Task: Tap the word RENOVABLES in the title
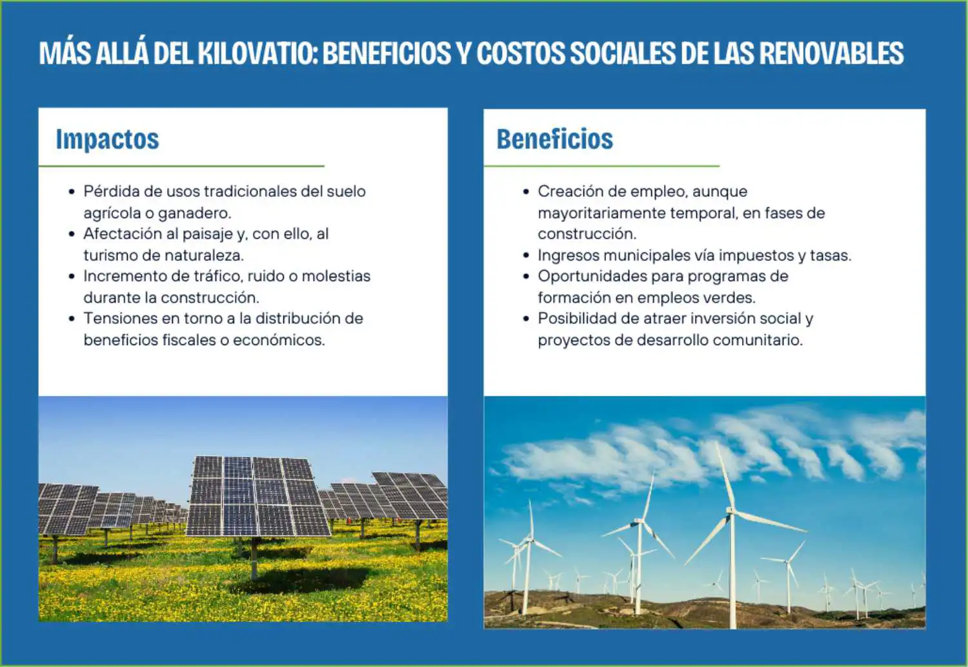tap(831, 54)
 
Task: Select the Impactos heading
tap(108, 139)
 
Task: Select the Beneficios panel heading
tap(555, 139)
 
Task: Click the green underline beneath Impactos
tap(181, 166)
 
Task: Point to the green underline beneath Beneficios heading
tap(601, 166)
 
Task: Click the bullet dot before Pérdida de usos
tap(72, 192)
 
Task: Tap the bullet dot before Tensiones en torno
tap(72, 319)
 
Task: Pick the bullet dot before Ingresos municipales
tap(526, 255)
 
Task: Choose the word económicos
tap(279, 341)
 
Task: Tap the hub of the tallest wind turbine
tap(731, 512)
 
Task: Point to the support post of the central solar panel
tap(254, 558)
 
